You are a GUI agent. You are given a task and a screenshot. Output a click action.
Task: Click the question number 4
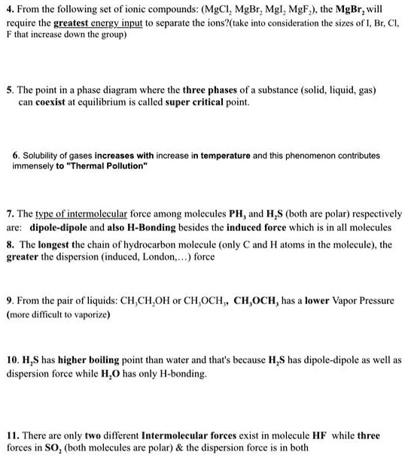click(x=9, y=11)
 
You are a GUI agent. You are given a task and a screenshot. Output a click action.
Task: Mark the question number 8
click(x=9, y=244)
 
